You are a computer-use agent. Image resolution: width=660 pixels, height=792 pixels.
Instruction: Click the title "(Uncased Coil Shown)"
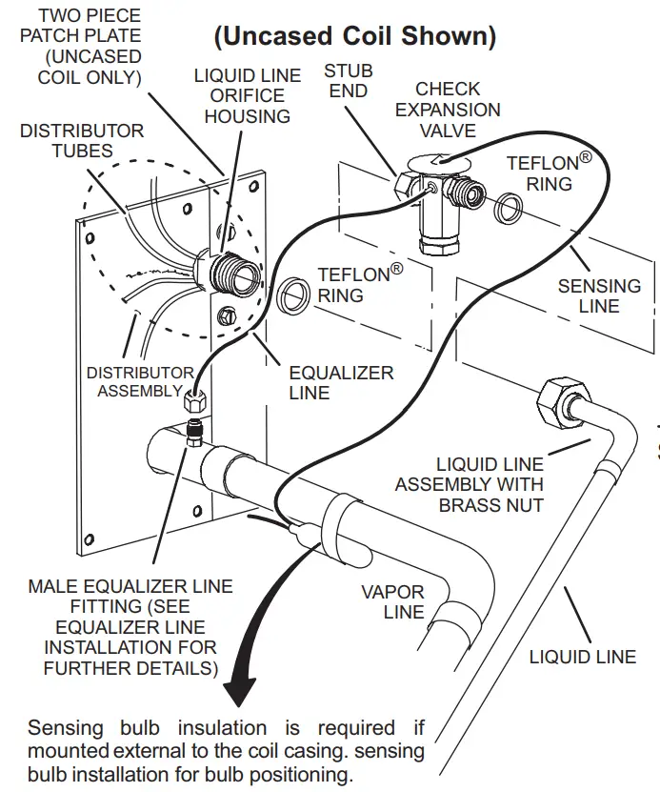354,36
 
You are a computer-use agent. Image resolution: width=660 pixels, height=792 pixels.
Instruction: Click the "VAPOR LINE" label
391,601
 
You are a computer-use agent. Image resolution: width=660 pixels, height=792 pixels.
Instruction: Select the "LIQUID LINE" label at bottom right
582,657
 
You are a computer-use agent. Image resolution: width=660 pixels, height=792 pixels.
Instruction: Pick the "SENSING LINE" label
599,295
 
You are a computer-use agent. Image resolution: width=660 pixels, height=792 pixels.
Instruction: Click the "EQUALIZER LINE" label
341,382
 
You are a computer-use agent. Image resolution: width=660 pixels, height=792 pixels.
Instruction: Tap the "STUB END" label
349,81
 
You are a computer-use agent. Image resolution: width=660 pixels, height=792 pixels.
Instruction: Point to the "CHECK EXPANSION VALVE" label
448,110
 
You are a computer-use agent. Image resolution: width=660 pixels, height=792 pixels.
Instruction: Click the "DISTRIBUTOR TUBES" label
82,140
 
